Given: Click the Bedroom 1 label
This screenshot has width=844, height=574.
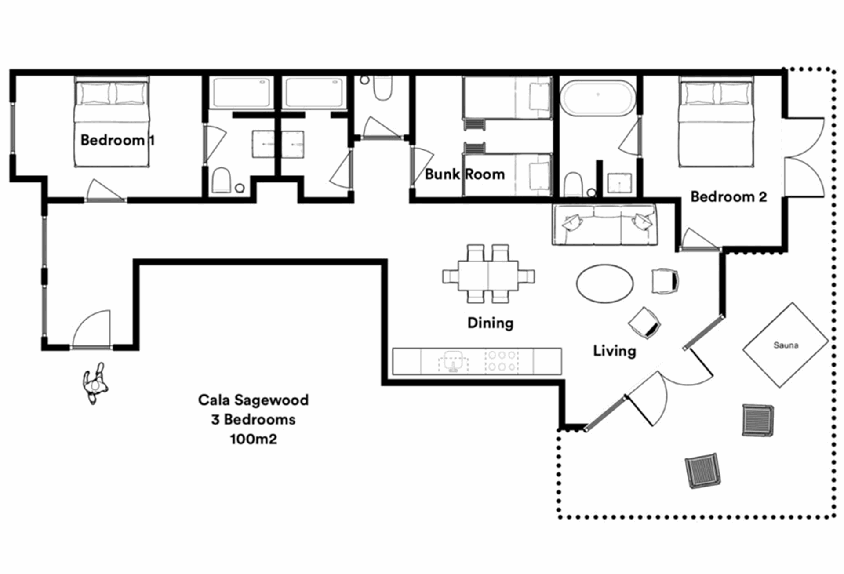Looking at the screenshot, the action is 117,140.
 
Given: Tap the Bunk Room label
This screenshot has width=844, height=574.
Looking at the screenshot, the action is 465,174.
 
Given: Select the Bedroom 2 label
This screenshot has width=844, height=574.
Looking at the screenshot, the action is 728,196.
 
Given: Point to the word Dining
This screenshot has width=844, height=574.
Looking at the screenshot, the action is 490,323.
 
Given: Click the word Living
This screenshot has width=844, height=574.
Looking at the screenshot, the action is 615,351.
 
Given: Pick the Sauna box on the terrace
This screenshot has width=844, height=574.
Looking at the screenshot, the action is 786,345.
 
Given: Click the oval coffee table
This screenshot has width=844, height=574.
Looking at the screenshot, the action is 605,283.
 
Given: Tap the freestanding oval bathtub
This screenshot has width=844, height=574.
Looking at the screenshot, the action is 598,98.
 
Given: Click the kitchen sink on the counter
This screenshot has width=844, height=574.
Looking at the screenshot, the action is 453,362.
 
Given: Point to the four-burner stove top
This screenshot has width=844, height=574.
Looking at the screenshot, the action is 502,361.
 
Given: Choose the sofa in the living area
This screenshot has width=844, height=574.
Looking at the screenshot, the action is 605,224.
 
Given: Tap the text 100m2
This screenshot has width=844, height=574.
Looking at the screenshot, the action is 254,439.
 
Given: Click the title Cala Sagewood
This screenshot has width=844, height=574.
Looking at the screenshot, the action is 253,400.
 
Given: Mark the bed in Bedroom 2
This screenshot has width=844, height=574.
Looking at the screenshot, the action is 716,123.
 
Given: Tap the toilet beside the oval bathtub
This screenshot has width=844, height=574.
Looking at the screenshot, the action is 573,185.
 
